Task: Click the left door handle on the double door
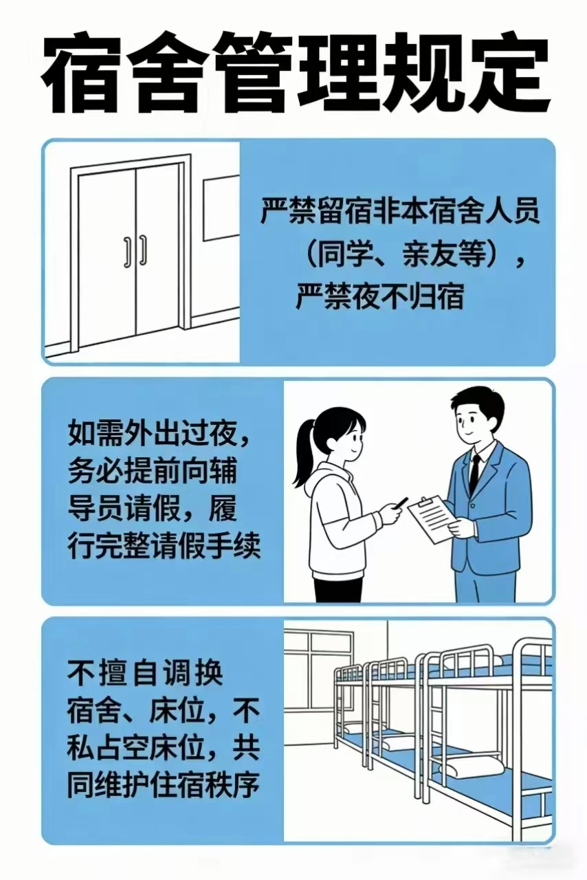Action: coord(127,252)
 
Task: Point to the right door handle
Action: coord(144,250)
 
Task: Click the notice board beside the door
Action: coord(221,208)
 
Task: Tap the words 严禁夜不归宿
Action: coord(380,296)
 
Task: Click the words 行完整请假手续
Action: coord(164,546)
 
